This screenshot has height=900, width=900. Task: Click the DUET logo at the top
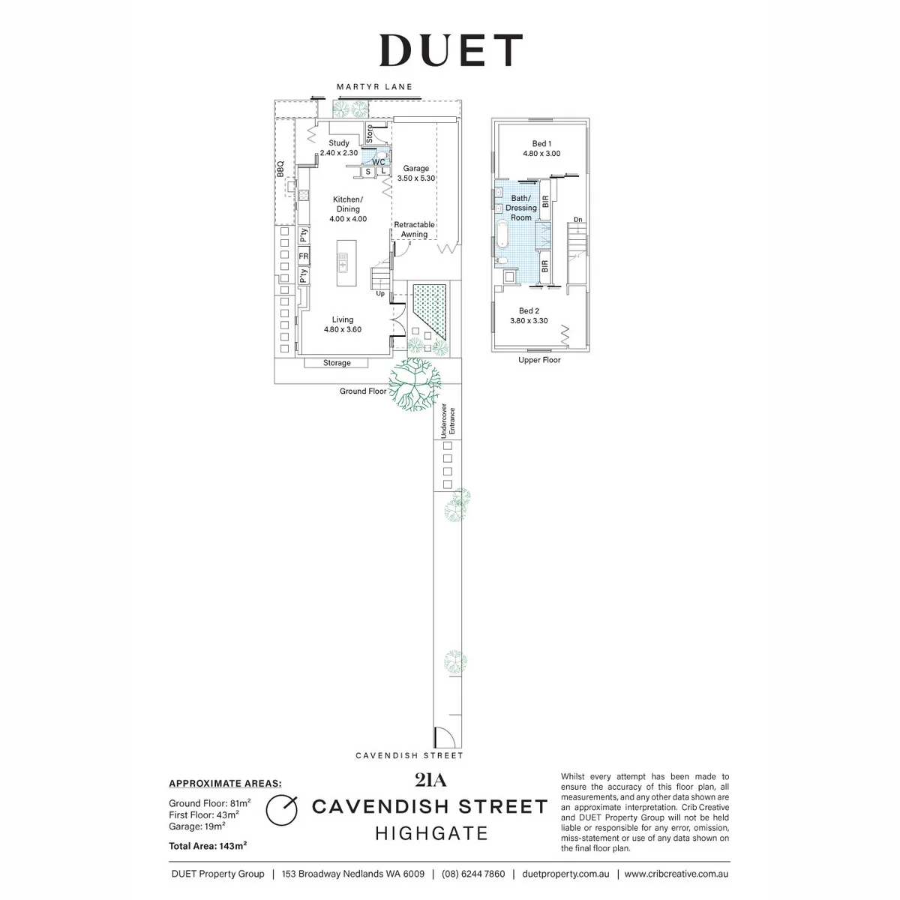pyautogui.click(x=451, y=50)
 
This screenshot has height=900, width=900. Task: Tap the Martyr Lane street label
pyautogui.click(x=374, y=87)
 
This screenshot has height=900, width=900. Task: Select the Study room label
pyautogui.click(x=338, y=148)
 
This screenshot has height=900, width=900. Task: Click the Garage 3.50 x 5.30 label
pyautogui.click(x=416, y=173)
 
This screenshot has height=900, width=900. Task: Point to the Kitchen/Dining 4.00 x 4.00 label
pyautogui.click(x=348, y=208)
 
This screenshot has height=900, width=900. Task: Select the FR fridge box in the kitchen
pyautogui.click(x=304, y=256)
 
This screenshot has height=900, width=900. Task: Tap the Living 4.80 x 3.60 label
pyautogui.click(x=343, y=324)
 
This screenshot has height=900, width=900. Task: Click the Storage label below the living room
pyautogui.click(x=337, y=363)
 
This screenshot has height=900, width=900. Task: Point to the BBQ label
pyautogui.click(x=280, y=169)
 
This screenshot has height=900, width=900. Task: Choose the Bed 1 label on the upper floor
pyautogui.click(x=541, y=148)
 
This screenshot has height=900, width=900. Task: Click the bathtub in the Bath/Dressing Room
pyautogui.click(x=502, y=235)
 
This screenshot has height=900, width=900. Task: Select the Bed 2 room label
pyautogui.click(x=529, y=316)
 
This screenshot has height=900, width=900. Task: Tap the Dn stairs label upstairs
pyautogui.click(x=578, y=220)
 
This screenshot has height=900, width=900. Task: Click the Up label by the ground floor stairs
pyautogui.click(x=381, y=294)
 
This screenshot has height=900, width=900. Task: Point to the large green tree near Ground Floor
pyautogui.click(x=414, y=385)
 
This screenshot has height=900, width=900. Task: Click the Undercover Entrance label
pyautogui.click(x=448, y=421)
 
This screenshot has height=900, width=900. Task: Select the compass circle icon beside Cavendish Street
pyautogui.click(x=282, y=823)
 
